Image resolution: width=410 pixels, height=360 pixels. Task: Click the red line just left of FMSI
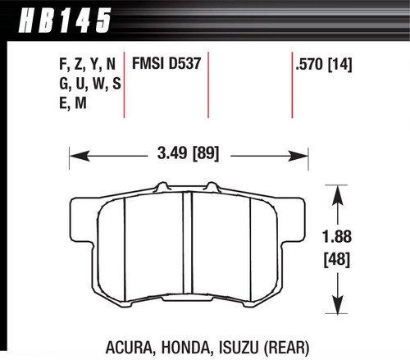pos(125,86)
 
